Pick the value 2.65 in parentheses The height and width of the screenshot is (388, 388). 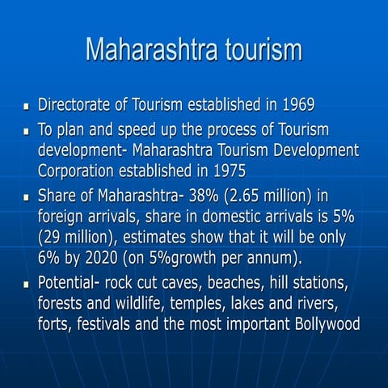coord(267,195)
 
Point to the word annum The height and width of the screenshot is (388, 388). coord(277,260)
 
